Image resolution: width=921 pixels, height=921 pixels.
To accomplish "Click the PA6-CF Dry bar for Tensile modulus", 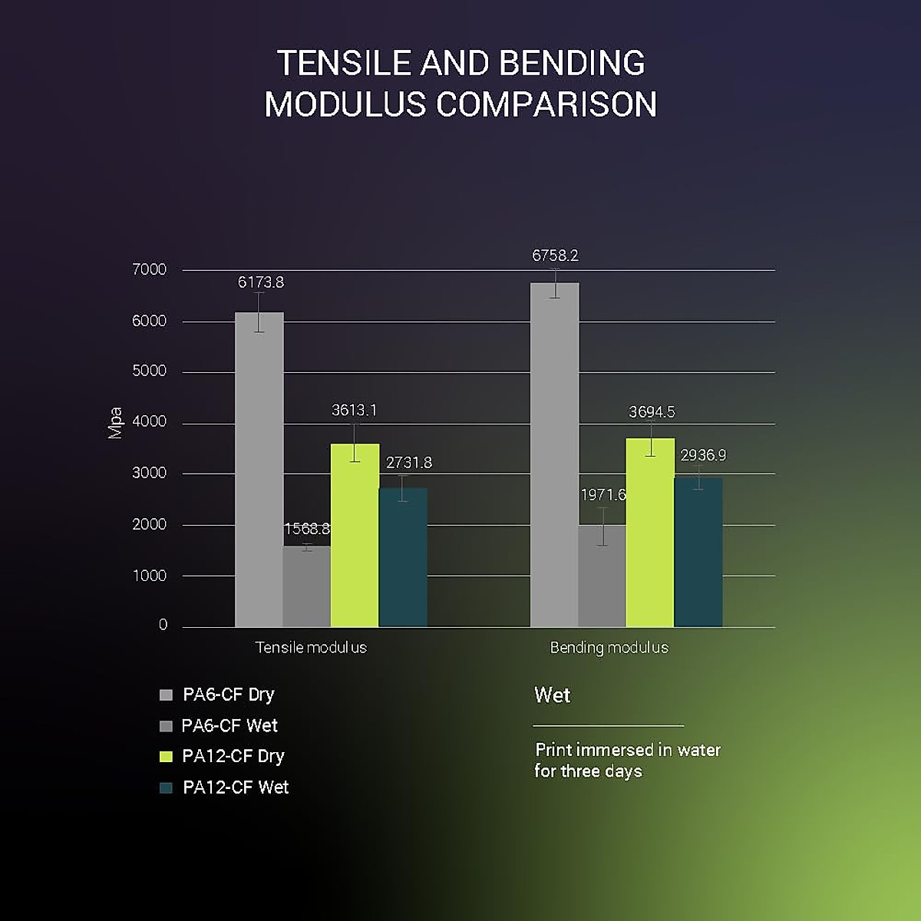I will click(x=259, y=468).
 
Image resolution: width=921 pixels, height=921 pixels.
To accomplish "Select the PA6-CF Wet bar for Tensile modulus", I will click(x=307, y=586).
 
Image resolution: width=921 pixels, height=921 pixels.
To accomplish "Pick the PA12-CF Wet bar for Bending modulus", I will click(x=698, y=552).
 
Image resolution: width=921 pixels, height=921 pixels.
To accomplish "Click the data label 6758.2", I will click(x=555, y=256).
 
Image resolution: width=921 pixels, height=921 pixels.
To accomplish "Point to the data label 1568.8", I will click(x=307, y=529).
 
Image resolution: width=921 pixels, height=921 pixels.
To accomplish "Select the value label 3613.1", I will click(x=354, y=411).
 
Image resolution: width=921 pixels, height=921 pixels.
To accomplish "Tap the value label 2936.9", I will click(x=703, y=455).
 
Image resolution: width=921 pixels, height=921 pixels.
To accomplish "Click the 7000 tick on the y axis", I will click(x=149, y=269).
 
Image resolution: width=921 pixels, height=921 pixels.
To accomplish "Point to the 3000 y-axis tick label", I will click(x=149, y=473).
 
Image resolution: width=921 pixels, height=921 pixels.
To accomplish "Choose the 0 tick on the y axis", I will click(x=163, y=625).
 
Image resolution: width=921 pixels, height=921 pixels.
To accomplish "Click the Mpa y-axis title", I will click(x=115, y=423).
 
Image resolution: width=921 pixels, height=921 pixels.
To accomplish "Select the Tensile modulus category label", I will click(x=311, y=648).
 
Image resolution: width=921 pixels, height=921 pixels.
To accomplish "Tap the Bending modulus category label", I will click(x=609, y=648).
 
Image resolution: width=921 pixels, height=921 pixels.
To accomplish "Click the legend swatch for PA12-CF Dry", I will click(x=166, y=757).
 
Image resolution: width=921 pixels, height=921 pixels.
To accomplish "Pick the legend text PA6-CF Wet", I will click(x=229, y=725).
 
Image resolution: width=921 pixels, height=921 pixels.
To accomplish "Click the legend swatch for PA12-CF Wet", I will click(x=166, y=787).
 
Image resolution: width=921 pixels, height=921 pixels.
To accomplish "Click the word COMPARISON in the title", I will click(x=546, y=104).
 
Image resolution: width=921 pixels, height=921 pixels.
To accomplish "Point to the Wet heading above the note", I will click(x=552, y=695).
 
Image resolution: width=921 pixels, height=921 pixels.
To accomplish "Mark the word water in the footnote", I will click(x=698, y=750).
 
